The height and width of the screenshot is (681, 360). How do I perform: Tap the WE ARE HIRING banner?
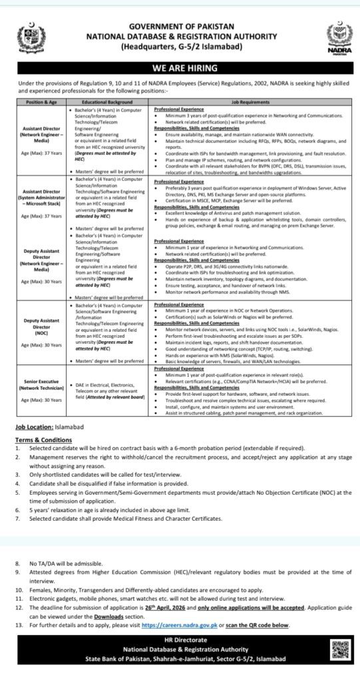[x=180, y=68]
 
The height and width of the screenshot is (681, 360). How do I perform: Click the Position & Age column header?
[x=39, y=102]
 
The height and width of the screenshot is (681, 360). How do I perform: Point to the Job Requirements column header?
[x=250, y=102]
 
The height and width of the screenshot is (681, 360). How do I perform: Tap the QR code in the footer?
[x=340, y=650]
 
